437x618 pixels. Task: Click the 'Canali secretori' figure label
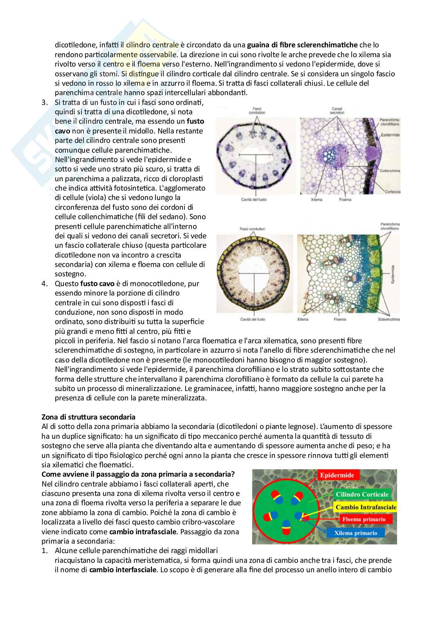pos(337,110)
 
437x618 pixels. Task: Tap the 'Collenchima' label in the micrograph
pos(390,171)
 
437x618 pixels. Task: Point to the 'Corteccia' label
pos(392,191)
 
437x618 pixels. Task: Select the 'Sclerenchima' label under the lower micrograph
pos(389,319)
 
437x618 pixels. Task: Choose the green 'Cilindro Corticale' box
pos(362,494)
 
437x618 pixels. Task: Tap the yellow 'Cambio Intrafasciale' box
pos(366,507)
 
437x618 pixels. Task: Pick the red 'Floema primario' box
pos(364,519)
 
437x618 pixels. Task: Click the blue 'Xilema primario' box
pos(356,533)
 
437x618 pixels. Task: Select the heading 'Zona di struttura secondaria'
pos(88,417)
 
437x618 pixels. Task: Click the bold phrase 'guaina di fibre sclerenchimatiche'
pos(302,45)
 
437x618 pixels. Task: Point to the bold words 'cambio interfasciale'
pos(123,569)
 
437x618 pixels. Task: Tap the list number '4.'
pos(45,284)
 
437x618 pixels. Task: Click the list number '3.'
pos(45,103)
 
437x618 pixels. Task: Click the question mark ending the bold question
pos(233,474)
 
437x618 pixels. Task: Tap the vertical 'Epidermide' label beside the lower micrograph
pos(393,274)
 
